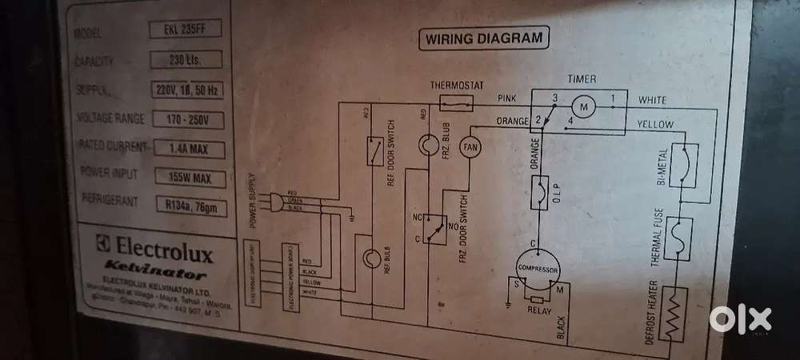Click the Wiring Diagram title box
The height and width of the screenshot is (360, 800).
coord(482,38)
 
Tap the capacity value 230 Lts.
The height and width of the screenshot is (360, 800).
coord(185,60)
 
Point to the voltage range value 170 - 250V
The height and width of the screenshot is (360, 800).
coord(186,119)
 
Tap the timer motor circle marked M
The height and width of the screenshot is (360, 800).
coord(582,106)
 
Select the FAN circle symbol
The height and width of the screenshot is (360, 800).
coord(470,147)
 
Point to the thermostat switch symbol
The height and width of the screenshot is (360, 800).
coord(458,102)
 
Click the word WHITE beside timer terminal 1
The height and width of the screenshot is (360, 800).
coord(658,100)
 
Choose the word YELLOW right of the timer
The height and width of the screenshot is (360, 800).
coord(656,124)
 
